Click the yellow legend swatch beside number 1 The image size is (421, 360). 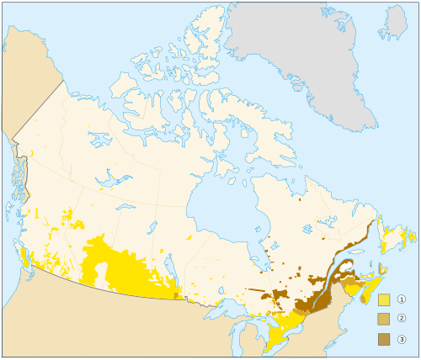click(384, 299)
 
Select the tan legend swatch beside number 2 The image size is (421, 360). click(384, 319)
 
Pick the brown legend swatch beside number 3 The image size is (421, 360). click(384, 338)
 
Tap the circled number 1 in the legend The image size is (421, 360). click(402, 299)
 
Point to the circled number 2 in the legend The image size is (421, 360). click(402, 319)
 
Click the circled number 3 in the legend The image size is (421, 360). click(402, 338)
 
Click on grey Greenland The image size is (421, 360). click(295, 50)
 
